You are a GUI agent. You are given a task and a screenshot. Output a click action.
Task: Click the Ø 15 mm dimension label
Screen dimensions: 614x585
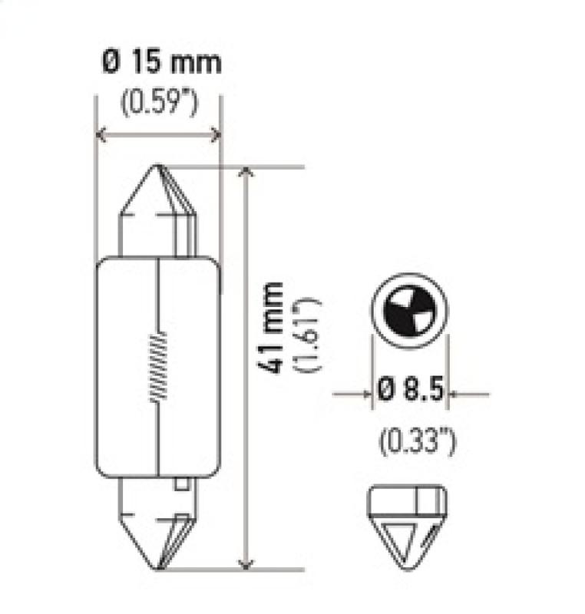click(x=160, y=61)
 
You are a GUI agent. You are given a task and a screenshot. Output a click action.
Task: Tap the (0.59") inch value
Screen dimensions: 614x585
click(x=157, y=102)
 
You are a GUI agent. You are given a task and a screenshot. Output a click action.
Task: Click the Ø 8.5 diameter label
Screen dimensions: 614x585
click(x=410, y=393)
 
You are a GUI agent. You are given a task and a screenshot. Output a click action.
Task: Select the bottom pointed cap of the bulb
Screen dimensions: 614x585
click(x=159, y=530)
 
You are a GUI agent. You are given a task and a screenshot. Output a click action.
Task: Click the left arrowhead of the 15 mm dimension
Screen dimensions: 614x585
click(x=101, y=135)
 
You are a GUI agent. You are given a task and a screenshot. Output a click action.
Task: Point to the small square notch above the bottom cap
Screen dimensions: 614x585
click(x=181, y=484)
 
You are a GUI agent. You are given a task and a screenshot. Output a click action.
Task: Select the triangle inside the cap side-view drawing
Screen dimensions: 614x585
click(x=403, y=534)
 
